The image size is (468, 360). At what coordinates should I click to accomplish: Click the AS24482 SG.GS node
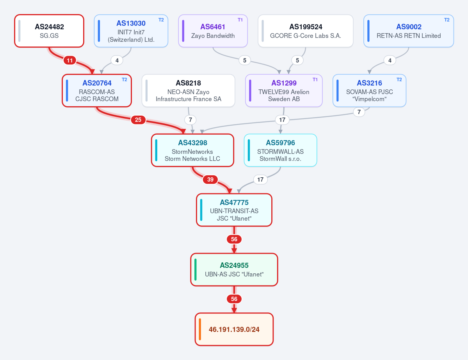pyautogui.click(x=49, y=31)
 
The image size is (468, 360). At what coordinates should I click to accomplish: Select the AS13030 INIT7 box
pyautogui.click(x=131, y=31)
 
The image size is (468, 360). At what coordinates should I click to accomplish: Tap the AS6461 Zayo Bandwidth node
pyautogui.click(x=213, y=31)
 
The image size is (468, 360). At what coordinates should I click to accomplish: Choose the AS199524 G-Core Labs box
pyautogui.click(x=306, y=31)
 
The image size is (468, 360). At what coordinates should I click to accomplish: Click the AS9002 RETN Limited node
pyautogui.click(x=409, y=31)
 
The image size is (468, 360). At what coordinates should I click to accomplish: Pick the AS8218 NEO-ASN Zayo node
pyautogui.click(x=189, y=91)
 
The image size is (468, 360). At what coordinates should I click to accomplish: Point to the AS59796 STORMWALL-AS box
pyautogui.click(x=281, y=150)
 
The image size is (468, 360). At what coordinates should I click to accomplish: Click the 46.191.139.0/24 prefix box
pyautogui.click(x=234, y=329)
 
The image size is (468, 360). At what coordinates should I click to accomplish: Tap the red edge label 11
pyautogui.click(x=70, y=60)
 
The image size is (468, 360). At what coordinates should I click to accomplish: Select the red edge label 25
pyautogui.click(x=138, y=120)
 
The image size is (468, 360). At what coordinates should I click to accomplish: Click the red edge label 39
pyautogui.click(x=210, y=179)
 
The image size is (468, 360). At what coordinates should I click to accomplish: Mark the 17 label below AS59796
pyautogui.click(x=261, y=179)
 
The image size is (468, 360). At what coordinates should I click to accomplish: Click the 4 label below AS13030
pyautogui.click(x=117, y=60)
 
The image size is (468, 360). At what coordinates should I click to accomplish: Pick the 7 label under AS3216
pyautogui.click(x=359, y=112)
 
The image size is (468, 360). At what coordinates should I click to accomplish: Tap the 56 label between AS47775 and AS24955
pyautogui.click(x=234, y=239)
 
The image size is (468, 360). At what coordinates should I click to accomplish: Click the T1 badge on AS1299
pyautogui.click(x=315, y=79)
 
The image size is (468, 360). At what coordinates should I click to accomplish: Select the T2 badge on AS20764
pyautogui.click(x=125, y=79)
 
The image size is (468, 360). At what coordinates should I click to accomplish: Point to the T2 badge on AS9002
pyautogui.click(x=447, y=20)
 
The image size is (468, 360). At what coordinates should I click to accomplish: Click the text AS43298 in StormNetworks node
pyautogui.click(x=192, y=143)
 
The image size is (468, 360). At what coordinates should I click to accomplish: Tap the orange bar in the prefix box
pyautogui.click(x=200, y=329)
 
